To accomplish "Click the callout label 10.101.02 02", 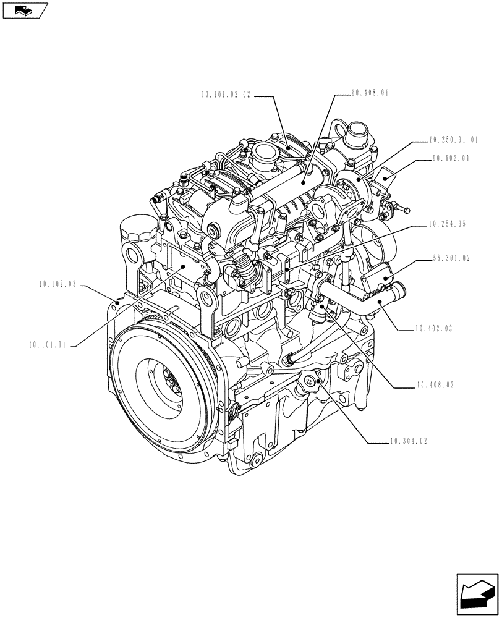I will pyautogui.click(x=226, y=95).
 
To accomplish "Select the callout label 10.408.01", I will pyautogui.click(x=370, y=93).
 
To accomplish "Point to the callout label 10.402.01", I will pyautogui.click(x=452, y=158).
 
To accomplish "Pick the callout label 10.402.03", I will pyautogui.click(x=435, y=329).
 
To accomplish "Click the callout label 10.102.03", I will pyautogui.click(x=57, y=284).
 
